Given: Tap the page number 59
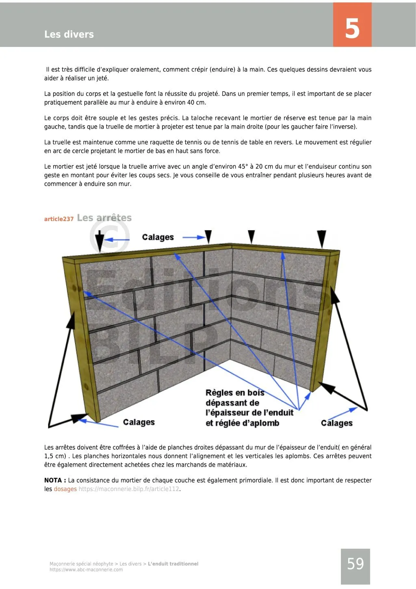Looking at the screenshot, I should coord(355,564).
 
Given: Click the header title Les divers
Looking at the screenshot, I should coord(69,35).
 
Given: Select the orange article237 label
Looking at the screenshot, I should coord(59,219).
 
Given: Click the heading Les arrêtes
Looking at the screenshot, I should coord(104,218).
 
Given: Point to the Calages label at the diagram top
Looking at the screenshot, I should coord(158,237).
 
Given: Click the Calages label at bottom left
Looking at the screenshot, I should coord(139,422).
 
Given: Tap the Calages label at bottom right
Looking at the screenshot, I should coord(336,423).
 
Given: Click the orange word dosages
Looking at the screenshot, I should coord(65,489).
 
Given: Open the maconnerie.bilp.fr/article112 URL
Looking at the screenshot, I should coord(129,489).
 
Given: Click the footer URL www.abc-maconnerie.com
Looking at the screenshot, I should coord(86,570).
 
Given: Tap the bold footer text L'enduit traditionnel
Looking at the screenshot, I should coord(173,564).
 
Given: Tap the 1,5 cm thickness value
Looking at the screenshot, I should coord(55,456).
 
